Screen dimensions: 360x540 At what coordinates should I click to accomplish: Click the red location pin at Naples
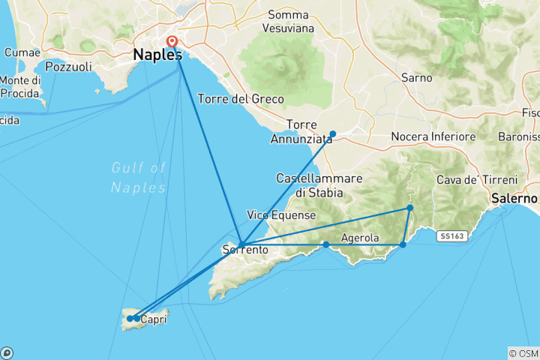click(172, 42)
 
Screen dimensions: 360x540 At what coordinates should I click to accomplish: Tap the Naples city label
click(157, 55)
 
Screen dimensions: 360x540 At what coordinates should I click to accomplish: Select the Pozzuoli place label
click(68, 67)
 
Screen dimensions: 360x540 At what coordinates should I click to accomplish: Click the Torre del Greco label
click(241, 99)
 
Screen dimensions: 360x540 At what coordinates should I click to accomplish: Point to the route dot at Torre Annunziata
click(333, 134)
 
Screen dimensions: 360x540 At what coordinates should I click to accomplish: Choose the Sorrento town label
click(245, 250)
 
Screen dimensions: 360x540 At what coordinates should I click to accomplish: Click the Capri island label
click(153, 319)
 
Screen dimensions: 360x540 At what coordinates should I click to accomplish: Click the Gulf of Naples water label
click(138, 177)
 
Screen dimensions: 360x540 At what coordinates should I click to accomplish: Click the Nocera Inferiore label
click(433, 137)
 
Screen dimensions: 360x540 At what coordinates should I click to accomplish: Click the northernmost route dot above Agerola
click(410, 208)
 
